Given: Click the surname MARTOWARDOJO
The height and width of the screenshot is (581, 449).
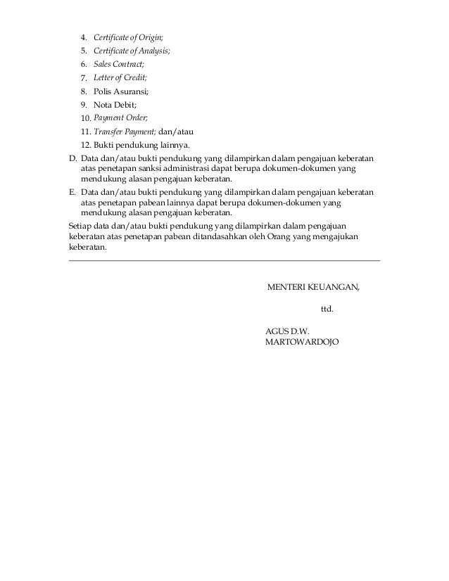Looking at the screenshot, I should click(301, 342).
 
